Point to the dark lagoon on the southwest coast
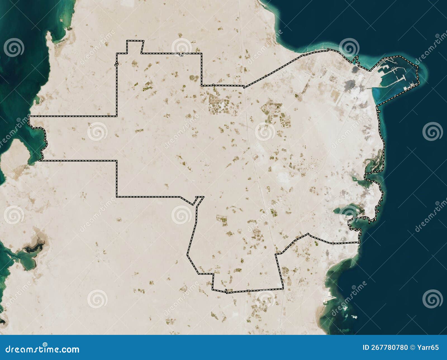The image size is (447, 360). [34, 247]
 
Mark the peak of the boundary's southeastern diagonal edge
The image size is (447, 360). [308, 234]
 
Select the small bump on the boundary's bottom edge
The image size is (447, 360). [226, 291]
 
